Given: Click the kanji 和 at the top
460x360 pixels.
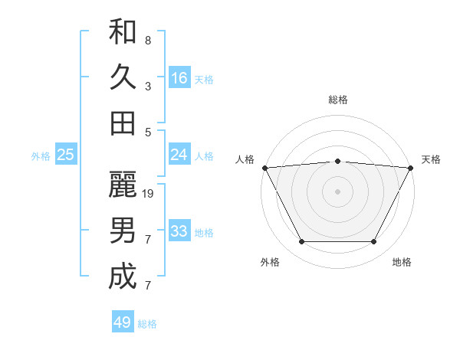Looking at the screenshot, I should coord(123,32).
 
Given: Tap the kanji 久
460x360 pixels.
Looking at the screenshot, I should coord(123,77).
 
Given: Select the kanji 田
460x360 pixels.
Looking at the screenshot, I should coord(123,123).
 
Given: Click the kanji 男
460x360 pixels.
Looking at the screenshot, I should coord(123,231).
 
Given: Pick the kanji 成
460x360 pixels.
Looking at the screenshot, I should coord(123,276).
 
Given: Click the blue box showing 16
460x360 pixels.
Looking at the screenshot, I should coord(179,77).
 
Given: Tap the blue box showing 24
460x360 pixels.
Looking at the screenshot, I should coord(179,155).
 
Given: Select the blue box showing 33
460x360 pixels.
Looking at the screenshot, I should coord(179,231).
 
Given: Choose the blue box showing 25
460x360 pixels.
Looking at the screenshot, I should coord(66,155).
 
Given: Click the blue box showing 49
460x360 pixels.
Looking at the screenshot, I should coord(123,322).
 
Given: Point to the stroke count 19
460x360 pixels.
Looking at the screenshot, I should coord(149,194).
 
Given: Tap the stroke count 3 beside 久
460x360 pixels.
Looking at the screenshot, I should coord(148,86).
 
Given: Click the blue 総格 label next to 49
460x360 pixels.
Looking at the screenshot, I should coord(147,324).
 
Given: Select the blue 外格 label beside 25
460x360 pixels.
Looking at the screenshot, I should coord(41,156).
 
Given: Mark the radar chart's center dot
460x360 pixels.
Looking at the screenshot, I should coord(337,191).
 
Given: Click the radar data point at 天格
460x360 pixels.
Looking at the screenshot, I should coord(411,167).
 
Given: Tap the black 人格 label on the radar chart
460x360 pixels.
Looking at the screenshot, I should coord(245,159).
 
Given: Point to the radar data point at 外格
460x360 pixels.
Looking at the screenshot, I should coord(301,242).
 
